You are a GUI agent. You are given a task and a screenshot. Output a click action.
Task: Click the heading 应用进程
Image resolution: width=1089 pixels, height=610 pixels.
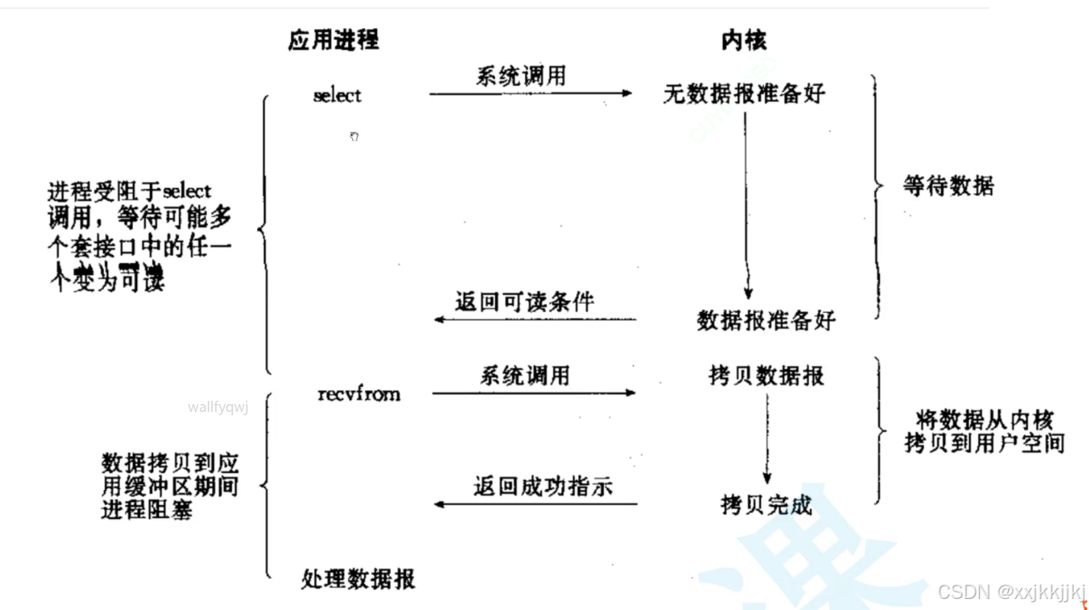click(x=333, y=40)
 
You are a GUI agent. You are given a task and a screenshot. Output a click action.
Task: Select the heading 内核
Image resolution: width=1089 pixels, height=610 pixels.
click(x=744, y=40)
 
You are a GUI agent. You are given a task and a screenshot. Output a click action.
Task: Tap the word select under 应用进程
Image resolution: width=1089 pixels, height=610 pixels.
click(x=337, y=95)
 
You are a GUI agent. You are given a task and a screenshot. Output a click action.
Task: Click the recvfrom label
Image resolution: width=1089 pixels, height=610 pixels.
click(x=359, y=393)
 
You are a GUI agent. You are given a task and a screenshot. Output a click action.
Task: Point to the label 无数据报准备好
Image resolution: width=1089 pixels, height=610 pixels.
click(x=744, y=94)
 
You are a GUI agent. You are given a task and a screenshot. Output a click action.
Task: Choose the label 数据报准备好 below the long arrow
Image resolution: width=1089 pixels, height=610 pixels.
click(x=766, y=320)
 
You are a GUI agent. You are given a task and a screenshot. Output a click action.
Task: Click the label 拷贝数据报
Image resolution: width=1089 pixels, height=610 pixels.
click(x=766, y=375)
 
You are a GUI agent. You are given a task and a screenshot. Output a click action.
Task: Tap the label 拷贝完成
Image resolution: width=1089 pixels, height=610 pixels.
click(x=766, y=505)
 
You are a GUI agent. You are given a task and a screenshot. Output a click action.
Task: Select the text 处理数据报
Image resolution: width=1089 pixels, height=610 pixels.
click(x=358, y=579)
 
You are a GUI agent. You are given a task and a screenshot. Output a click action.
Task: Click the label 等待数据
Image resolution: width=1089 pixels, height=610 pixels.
click(x=948, y=185)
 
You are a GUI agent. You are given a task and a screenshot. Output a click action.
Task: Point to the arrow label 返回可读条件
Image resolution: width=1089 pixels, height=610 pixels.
click(x=525, y=301)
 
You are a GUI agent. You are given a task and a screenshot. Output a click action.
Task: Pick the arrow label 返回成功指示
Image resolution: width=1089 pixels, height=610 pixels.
click(x=543, y=487)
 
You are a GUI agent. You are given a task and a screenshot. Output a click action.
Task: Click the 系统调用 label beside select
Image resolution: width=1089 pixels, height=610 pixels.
click(x=521, y=76)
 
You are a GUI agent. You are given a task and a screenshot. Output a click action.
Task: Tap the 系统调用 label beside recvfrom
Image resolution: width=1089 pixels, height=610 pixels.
click(x=525, y=375)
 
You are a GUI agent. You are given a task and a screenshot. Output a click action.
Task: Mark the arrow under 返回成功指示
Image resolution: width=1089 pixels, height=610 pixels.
click(x=536, y=505)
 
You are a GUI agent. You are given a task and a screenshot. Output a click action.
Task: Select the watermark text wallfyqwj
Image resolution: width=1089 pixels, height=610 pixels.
click(x=218, y=407)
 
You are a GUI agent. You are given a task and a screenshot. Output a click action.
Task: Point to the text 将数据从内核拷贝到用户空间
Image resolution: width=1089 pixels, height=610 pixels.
click(x=984, y=431)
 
